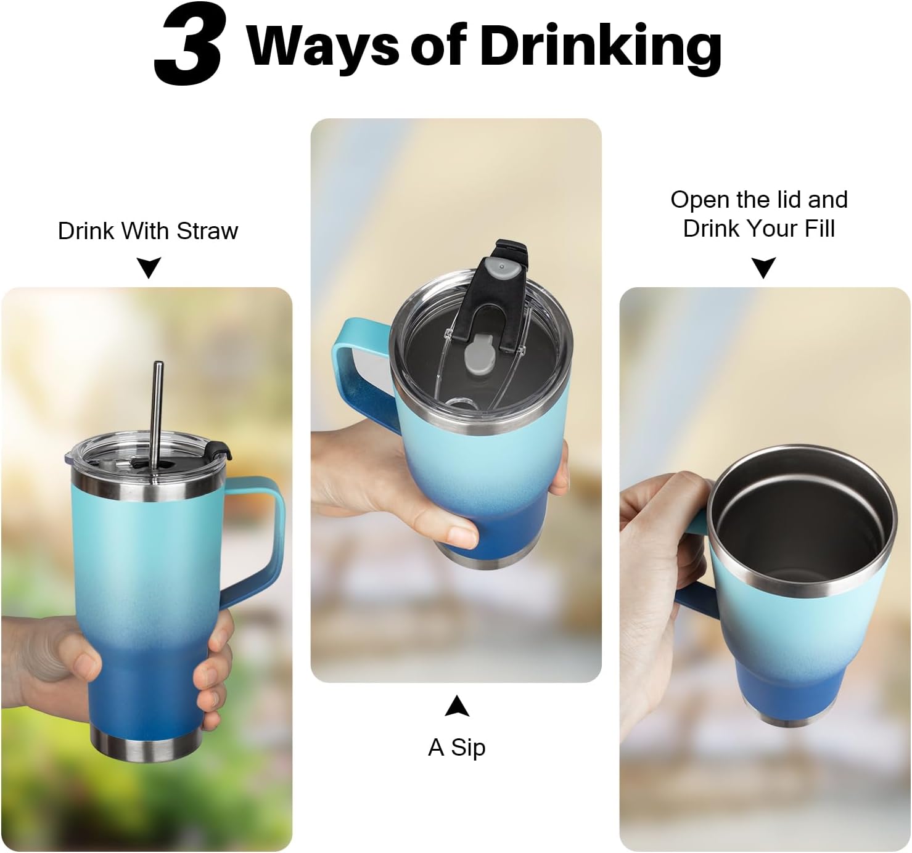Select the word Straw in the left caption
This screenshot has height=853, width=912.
coord(208,231)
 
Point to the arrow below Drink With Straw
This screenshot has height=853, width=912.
coord(149,267)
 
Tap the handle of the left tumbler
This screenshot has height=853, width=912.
coord(261,542)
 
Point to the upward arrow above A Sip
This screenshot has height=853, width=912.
coord(457,706)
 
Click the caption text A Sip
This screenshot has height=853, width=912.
coord(456,748)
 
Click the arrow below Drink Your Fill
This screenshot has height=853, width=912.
coord(763,267)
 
